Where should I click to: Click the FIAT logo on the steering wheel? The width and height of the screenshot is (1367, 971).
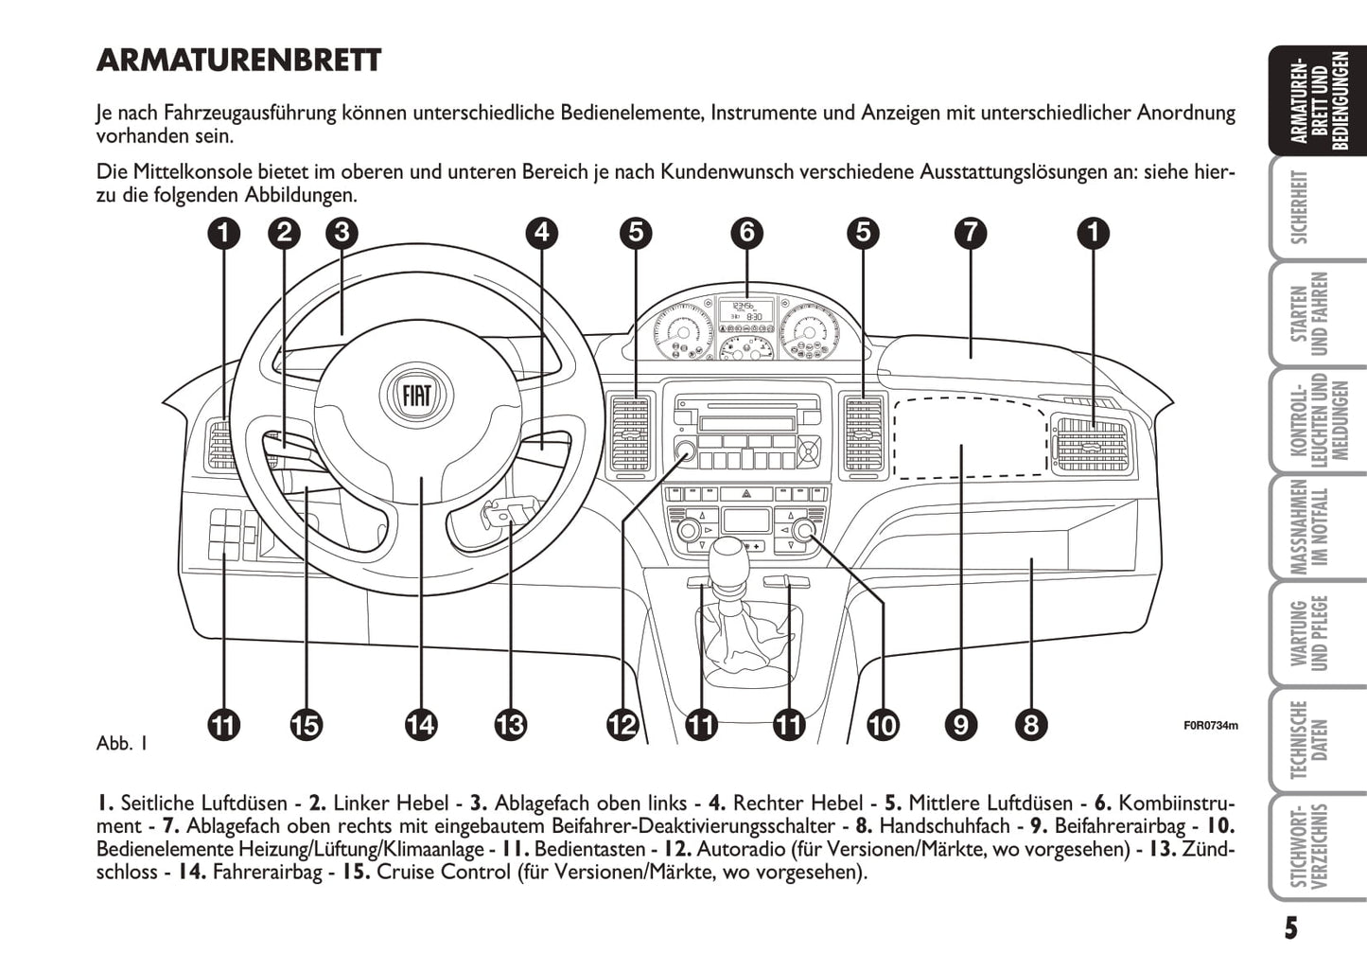pyautogui.click(x=416, y=395)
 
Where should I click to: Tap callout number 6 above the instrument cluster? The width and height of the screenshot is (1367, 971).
pyautogui.click(x=747, y=232)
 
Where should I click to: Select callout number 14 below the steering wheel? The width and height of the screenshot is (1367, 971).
pyautogui.click(x=420, y=726)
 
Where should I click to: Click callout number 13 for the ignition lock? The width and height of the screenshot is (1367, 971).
pyautogui.click(x=510, y=726)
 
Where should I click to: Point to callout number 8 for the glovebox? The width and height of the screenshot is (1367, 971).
pyautogui.click(x=1030, y=726)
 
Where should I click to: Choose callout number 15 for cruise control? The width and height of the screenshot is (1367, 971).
pyautogui.click(x=306, y=726)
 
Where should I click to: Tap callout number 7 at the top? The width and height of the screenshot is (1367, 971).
pyautogui.click(x=971, y=232)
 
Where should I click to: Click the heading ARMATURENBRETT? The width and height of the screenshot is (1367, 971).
pyautogui.click(x=238, y=61)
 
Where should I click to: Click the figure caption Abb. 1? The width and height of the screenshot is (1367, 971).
pyautogui.click(x=122, y=743)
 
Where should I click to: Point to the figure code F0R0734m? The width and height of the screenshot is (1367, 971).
pyautogui.click(x=1210, y=726)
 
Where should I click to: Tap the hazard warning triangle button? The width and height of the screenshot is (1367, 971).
pyautogui.click(x=746, y=494)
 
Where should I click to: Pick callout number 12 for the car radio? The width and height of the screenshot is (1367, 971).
pyautogui.click(x=622, y=726)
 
